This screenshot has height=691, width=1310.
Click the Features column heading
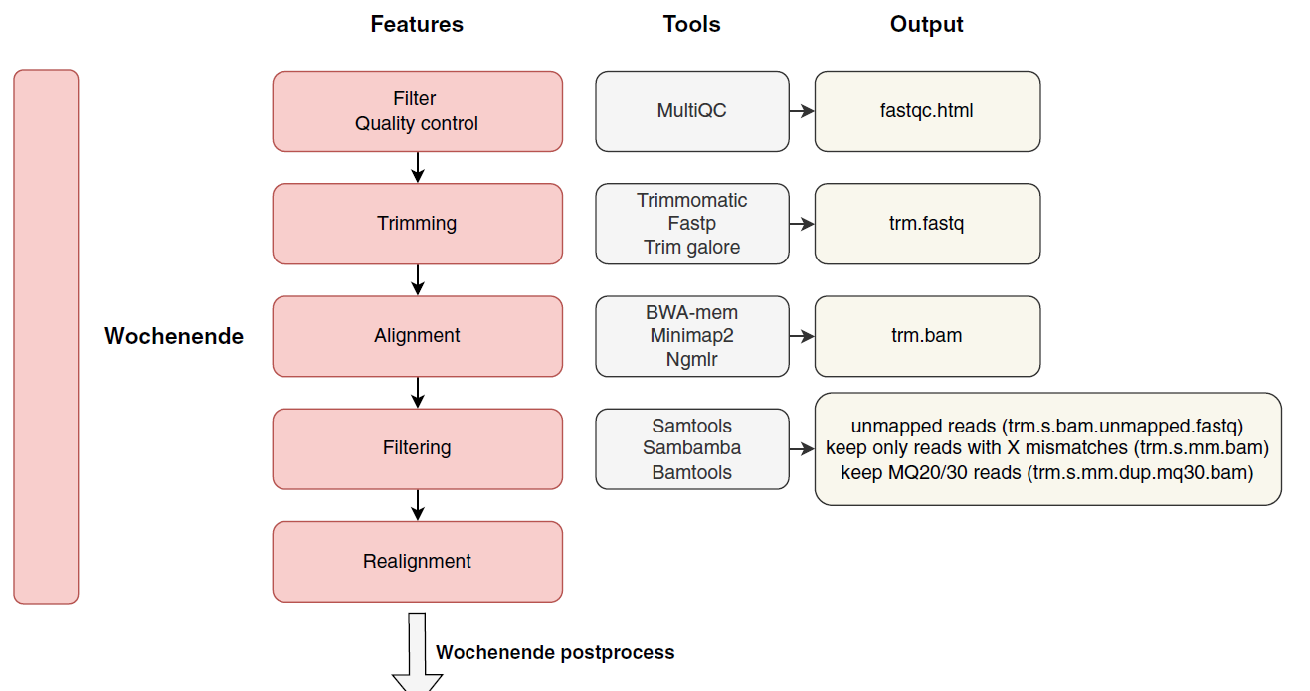(x=417, y=24)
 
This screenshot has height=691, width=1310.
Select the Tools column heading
(x=691, y=24)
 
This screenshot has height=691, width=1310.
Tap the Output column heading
(x=926, y=25)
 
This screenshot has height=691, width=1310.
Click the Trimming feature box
(x=418, y=224)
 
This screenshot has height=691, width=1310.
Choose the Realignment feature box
(x=418, y=561)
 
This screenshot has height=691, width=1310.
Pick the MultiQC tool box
(x=692, y=111)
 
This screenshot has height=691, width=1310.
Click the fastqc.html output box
(x=927, y=111)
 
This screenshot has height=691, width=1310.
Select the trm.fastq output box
(x=927, y=224)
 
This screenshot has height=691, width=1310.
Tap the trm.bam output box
(x=927, y=336)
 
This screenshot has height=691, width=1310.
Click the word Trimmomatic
(x=692, y=201)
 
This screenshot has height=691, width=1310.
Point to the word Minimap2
(x=692, y=336)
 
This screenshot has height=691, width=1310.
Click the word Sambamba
(x=692, y=447)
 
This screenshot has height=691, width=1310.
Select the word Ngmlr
(x=692, y=360)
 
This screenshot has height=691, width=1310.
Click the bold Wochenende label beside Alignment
(x=174, y=336)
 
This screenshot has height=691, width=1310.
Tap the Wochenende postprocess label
(x=555, y=652)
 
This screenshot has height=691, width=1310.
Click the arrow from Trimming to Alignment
(x=418, y=280)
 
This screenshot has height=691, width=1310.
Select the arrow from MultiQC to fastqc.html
(x=802, y=111)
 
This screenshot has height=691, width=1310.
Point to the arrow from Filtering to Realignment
(x=418, y=505)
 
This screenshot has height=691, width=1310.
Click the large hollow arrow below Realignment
(x=417, y=652)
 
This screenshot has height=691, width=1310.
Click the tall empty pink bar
(x=46, y=336)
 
